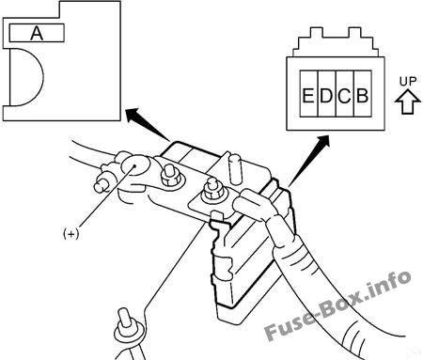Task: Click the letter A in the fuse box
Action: pyautogui.click(x=37, y=33)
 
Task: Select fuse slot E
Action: pyautogui.click(x=309, y=94)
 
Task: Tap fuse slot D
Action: pyautogui.click(x=327, y=94)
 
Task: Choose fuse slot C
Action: pyautogui.click(x=345, y=94)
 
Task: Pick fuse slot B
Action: pyautogui.click(x=363, y=94)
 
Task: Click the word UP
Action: pyautogui.click(x=408, y=82)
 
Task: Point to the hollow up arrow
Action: pyautogui.click(x=408, y=102)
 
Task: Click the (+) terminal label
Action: pyautogui.click(x=71, y=233)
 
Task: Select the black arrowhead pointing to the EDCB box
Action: pyautogui.click(x=322, y=142)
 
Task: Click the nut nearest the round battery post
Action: pyautogui.click(x=171, y=176)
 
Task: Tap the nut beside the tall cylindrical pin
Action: pyautogui.click(x=214, y=191)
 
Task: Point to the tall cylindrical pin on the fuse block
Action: pyautogui.click(x=235, y=169)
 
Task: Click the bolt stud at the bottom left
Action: pyautogui.click(x=126, y=326)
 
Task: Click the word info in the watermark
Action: pyautogui.click(x=389, y=285)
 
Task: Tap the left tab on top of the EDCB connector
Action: pyautogui.click(x=317, y=33)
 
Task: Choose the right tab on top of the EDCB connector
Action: pyautogui.click(x=355, y=33)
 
